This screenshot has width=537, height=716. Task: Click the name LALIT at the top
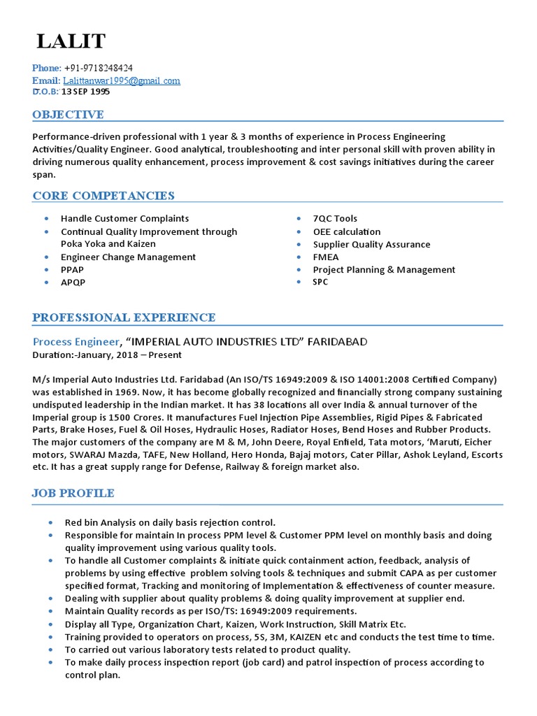click(71, 42)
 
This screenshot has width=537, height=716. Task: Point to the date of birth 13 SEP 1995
click(85, 92)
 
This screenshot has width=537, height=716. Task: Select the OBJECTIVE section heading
click(68, 115)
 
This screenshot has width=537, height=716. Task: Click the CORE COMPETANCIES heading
click(103, 196)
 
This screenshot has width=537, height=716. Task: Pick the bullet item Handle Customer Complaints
click(124, 219)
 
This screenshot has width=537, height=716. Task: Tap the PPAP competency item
click(73, 270)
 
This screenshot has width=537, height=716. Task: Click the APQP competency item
click(73, 282)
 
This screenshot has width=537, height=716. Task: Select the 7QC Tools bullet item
click(335, 219)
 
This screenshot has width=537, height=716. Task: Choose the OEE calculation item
click(347, 231)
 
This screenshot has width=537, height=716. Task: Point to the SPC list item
click(320, 282)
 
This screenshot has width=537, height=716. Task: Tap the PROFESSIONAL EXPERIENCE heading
click(124, 318)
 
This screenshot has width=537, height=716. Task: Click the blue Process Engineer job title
click(76, 342)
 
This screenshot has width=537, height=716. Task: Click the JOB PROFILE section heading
click(73, 494)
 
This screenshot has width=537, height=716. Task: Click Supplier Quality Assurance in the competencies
click(371, 245)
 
